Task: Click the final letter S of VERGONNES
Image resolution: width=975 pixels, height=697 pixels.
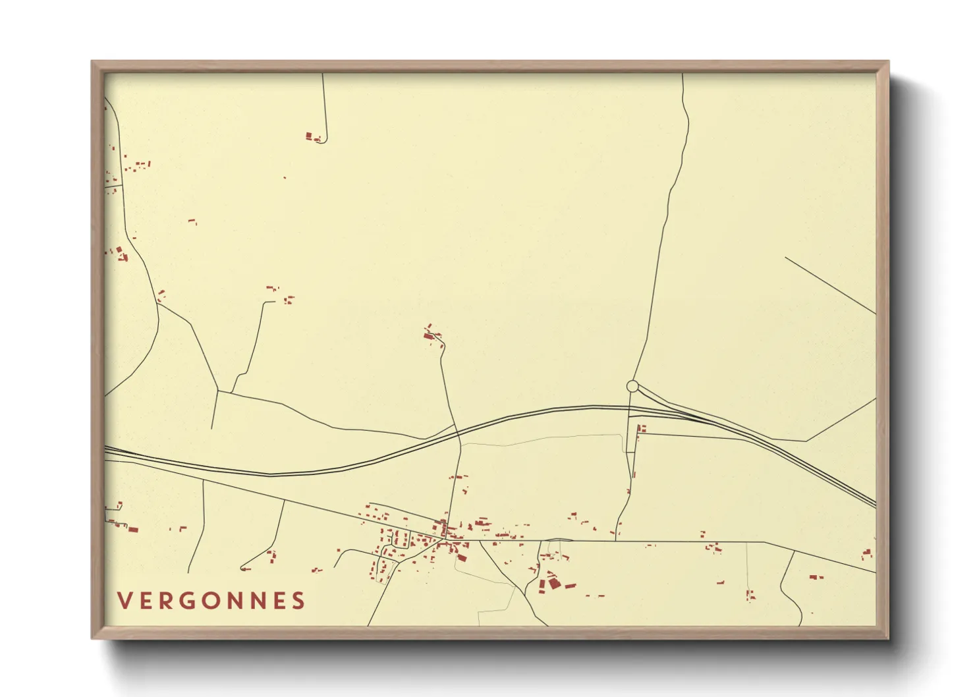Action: (300, 601)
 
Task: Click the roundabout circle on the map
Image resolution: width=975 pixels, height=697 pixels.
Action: (632, 386)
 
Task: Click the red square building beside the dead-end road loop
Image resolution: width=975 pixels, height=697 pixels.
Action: (308, 136)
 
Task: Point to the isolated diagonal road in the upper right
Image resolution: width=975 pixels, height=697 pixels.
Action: (830, 285)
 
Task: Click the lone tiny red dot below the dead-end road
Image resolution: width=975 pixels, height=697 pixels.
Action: (285, 177)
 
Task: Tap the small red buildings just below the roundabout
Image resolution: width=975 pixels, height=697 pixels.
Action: (641, 429)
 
